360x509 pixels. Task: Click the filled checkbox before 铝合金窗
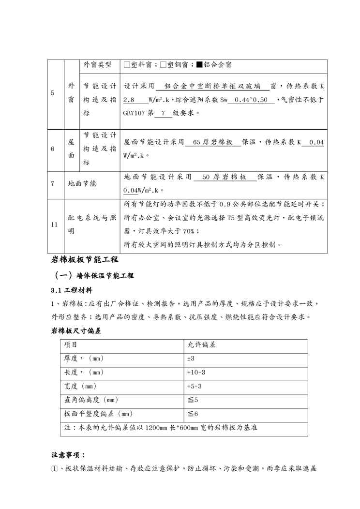click(199, 64)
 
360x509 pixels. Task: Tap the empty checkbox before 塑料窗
click(127, 64)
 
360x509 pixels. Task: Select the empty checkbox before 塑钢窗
click(163, 64)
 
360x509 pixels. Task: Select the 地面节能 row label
click(82, 184)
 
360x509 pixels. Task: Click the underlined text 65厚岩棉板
click(213, 143)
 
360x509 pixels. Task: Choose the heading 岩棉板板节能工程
click(85, 260)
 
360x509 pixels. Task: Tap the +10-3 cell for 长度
click(196, 373)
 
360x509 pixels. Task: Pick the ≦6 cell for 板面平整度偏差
click(193, 414)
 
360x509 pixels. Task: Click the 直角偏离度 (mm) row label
click(91, 400)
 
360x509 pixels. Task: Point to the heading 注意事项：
click(68, 455)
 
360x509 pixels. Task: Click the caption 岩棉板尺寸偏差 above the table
click(75, 331)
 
